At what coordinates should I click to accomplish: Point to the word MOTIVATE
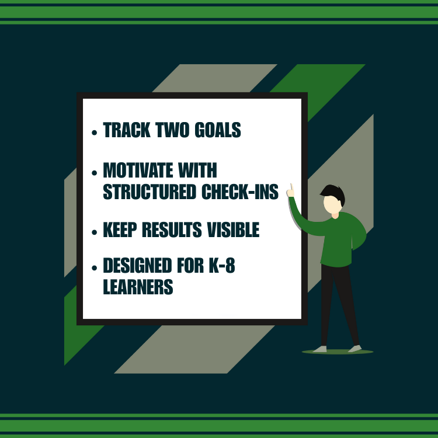pos(138,171)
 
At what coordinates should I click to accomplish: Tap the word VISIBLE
pos(233,230)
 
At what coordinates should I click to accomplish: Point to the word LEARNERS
pos(138,287)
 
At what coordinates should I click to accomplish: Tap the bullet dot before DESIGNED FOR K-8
pos(95,269)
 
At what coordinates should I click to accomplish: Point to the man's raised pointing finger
pos(291,188)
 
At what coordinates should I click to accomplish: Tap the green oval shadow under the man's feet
pos(338,352)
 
